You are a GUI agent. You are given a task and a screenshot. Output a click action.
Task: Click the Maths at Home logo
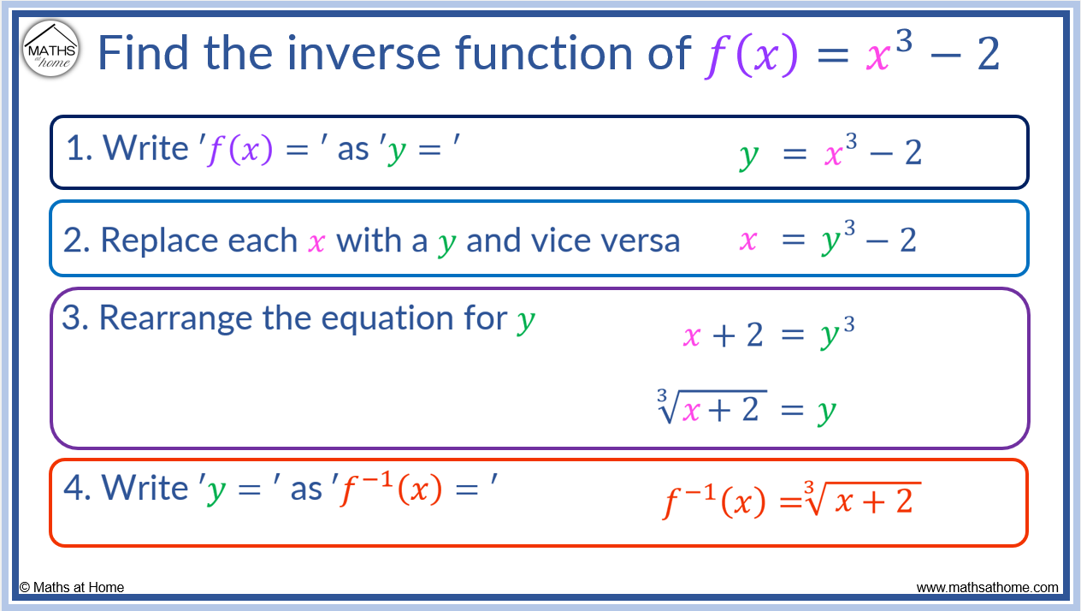coord(50,49)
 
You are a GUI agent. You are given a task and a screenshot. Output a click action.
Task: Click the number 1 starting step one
coord(78,149)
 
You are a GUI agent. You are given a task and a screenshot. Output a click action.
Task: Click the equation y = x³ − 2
coord(830,154)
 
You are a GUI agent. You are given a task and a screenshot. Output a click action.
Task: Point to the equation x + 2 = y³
coord(768,335)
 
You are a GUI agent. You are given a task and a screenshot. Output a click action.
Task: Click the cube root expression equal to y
coord(745,409)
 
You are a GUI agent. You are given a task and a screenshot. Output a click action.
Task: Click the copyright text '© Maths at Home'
coord(72,587)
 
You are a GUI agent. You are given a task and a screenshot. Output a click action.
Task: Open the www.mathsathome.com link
coord(987,588)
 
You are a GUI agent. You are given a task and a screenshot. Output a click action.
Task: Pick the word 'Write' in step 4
coord(145,488)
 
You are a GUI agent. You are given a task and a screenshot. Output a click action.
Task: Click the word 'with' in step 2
coord(369,241)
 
